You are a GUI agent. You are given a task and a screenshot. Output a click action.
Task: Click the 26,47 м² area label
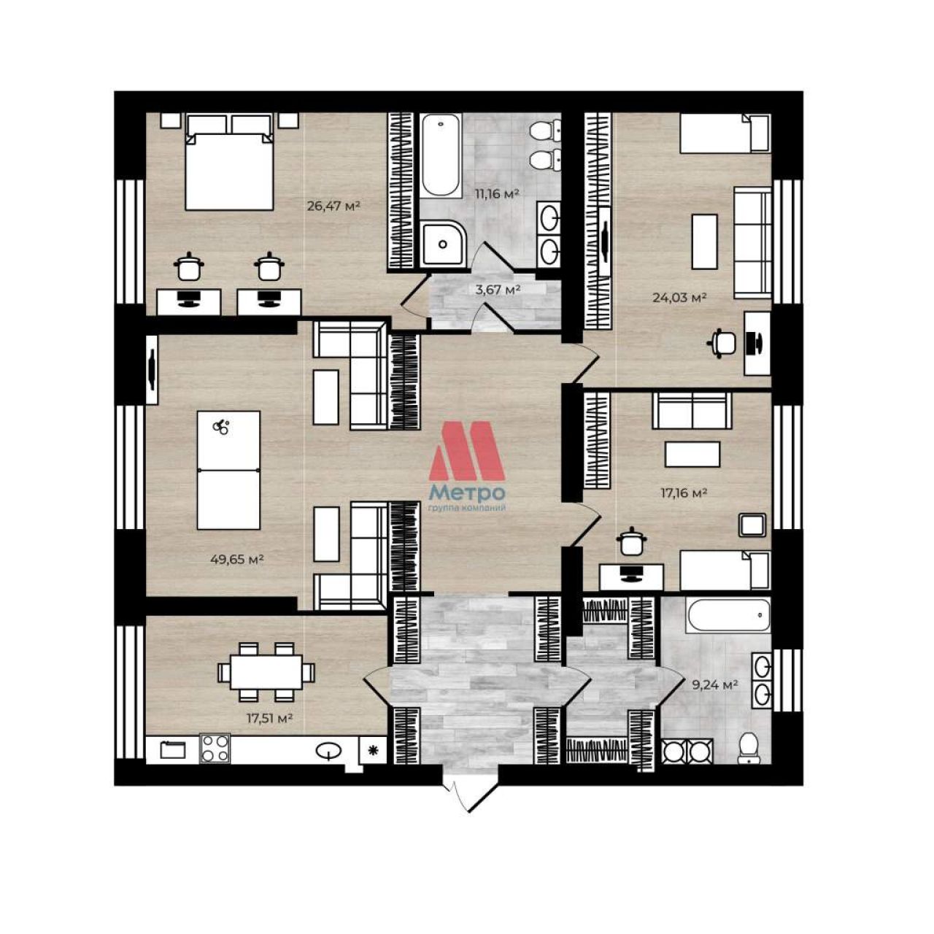pos(334,206)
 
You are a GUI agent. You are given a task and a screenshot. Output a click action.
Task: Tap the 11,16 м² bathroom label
pos(498,194)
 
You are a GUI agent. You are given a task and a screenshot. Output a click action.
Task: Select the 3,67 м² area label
pos(498,290)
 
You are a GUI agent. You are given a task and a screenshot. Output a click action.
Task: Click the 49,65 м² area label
pos(237,560)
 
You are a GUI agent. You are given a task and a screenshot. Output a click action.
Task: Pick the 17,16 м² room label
pos(684,493)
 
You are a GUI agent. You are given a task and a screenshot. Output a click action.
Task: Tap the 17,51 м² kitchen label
pos(270,718)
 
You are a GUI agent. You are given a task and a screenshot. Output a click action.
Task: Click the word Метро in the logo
pos(468,493)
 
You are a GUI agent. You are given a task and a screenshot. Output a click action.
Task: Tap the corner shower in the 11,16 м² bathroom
pos(442,244)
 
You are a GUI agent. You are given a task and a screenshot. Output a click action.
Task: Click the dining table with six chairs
pos(266,672)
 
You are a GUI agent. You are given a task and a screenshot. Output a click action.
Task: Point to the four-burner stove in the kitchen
pos(215,749)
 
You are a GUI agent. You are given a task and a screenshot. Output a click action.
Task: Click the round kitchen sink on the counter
pos(329,751)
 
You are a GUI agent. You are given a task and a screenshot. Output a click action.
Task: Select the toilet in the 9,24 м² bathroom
pos(750,749)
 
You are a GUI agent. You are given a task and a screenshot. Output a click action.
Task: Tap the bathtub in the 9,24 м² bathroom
pos(730,615)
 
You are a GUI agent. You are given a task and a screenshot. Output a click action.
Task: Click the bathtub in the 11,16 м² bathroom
pos(441,155)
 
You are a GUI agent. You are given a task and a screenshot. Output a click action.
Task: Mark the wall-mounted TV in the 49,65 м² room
pos(153,369)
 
